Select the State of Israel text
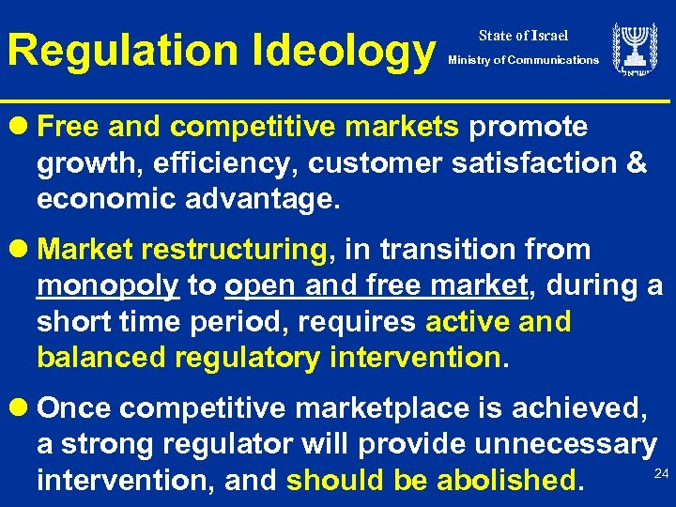(523, 36)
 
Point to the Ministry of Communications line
(523, 60)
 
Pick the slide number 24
(660, 473)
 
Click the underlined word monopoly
(108, 286)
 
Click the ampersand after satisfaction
(637, 163)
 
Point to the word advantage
(253, 200)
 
